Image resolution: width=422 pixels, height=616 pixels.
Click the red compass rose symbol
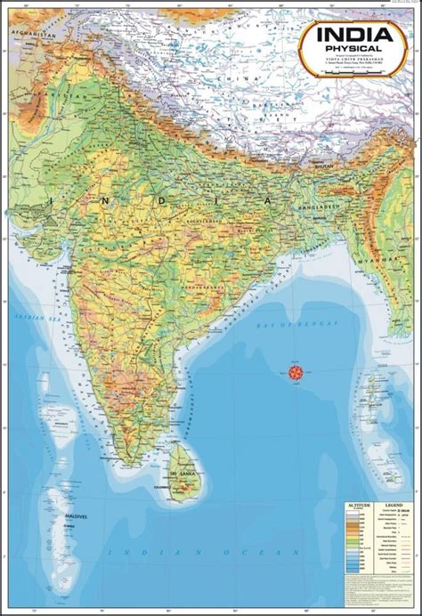click(x=295, y=369)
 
